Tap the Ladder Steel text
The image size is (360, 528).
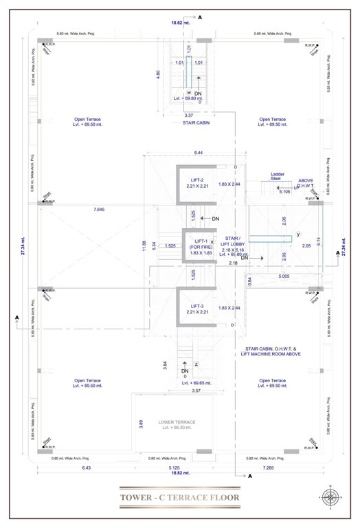(278, 177)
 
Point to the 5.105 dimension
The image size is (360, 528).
(284, 192)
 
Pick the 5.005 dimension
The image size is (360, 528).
(284, 276)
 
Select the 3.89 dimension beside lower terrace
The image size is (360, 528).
(141, 424)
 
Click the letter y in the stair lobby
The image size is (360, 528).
(300, 234)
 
